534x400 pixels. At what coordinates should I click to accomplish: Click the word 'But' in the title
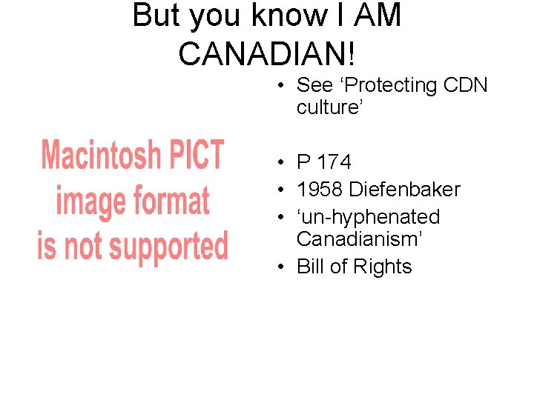[157, 16]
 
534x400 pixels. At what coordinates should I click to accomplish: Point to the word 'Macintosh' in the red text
[101, 155]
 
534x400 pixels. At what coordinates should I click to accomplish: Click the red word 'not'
[79, 247]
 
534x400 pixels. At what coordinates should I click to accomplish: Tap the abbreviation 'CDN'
[465, 86]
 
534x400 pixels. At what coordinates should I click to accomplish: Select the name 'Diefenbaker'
[405, 190]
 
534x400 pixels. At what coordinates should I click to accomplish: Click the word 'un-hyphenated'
[369, 217]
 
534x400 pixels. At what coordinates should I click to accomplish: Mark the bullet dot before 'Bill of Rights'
[284, 267]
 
